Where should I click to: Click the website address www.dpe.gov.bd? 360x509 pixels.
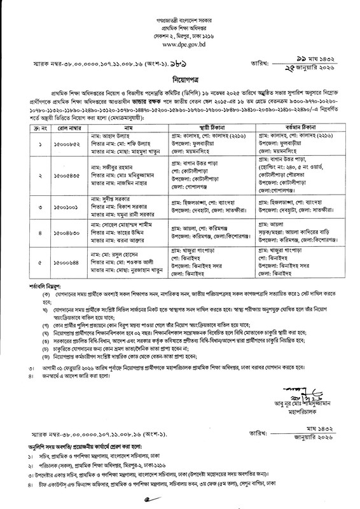click(x=180, y=45)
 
